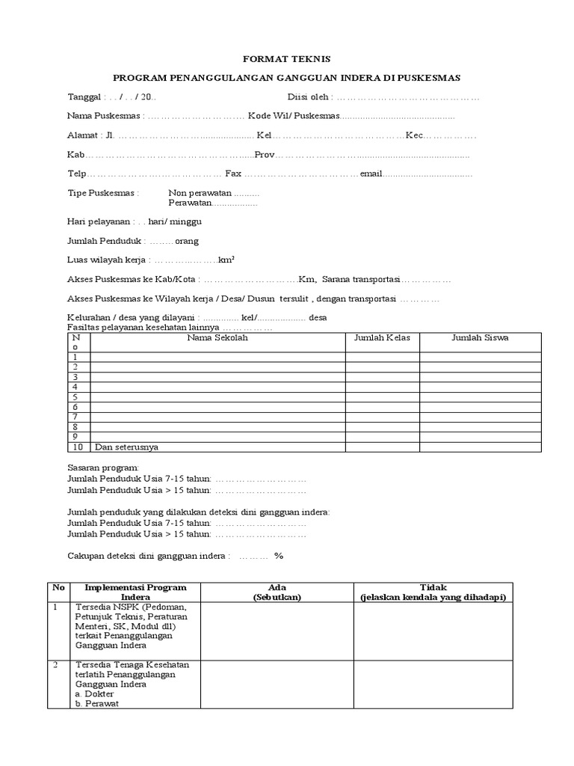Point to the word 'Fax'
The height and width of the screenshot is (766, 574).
(233, 174)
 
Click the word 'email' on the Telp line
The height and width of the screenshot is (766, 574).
(371, 174)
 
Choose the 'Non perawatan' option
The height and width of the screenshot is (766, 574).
(200, 193)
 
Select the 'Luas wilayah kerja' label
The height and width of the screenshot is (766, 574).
(107, 260)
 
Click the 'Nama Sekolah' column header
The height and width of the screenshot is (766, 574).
(217, 338)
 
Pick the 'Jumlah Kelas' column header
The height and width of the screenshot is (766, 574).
(382, 338)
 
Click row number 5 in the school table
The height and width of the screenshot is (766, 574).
(75, 397)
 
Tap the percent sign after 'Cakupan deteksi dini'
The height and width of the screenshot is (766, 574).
(279, 557)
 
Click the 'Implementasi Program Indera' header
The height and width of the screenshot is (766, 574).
(135, 592)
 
